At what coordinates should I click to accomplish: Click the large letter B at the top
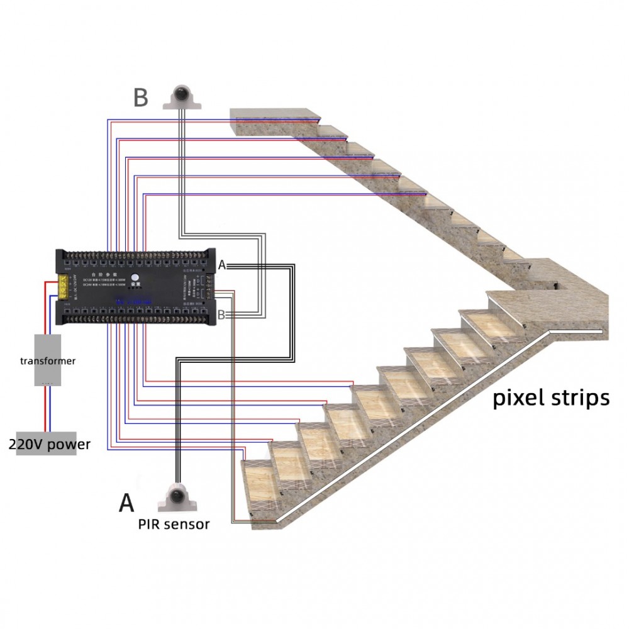coord(141,98)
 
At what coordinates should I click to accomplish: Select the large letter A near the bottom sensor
coord(126,503)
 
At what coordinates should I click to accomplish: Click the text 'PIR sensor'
coord(174,525)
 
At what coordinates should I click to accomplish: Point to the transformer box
coord(47,360)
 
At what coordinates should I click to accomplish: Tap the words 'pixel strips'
coord(550,398)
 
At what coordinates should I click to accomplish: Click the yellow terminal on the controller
coord(64,284)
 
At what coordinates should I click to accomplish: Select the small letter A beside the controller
coord(221,266)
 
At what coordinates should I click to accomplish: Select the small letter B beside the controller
coord(221,314)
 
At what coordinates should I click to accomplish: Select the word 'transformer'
coord(48,361)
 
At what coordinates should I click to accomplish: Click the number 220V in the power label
coord(25,445)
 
